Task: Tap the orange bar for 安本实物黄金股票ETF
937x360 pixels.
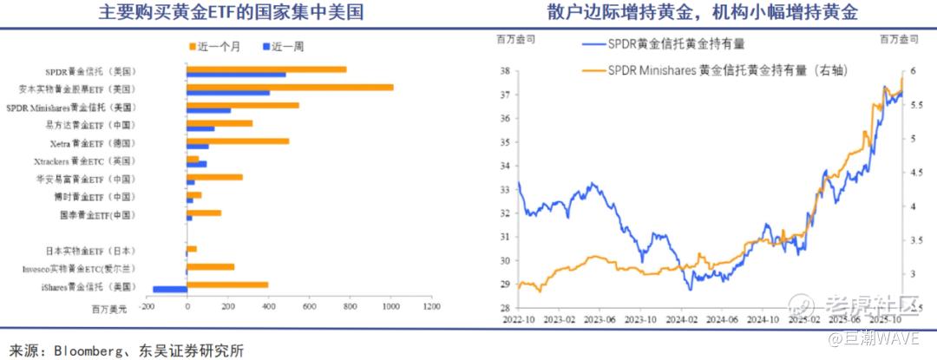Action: pos(290,87)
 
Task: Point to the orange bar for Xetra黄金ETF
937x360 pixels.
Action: pos(238,141)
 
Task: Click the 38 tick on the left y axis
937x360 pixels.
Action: pos(503,71)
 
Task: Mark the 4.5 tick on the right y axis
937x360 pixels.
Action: pos(913,173)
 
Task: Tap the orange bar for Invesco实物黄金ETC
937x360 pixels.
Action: pos(211,268)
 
